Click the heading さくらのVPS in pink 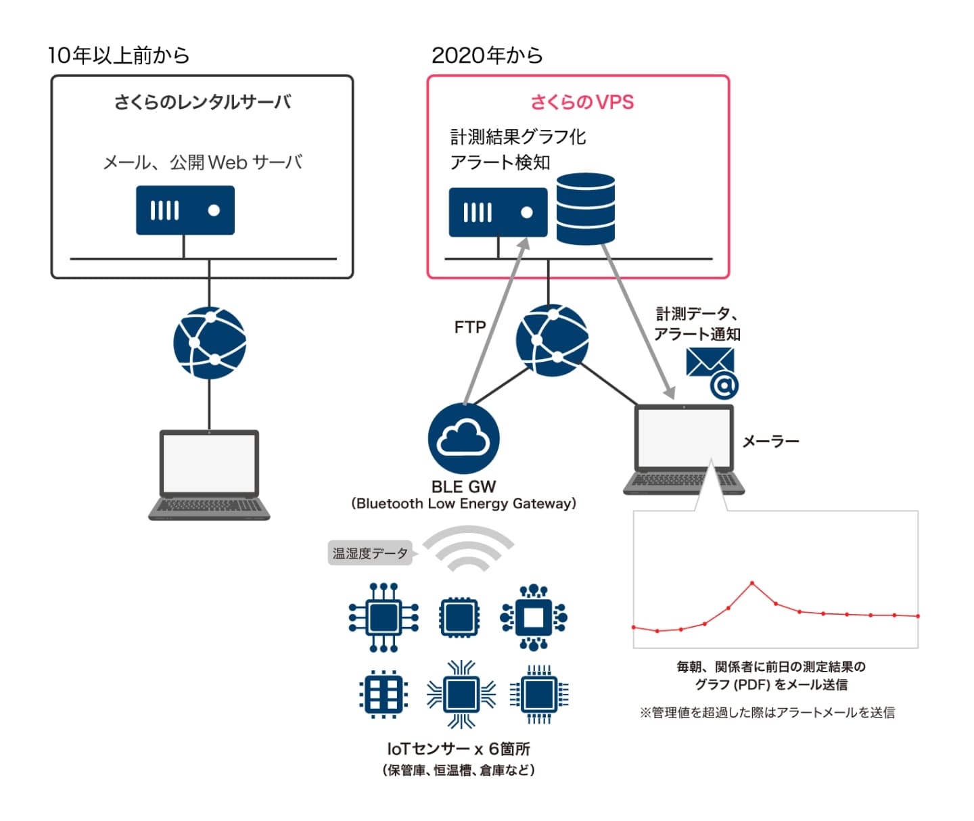pyautogui.click(x=582, y=102)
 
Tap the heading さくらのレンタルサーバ pyautogui.click(x=202, y=102)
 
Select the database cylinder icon pyautogui.click(x=585, y=208)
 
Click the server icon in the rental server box pyautogui.click(x=185, y=210)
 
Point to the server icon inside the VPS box pyautogui.click(x=498, y=212)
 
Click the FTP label pyautogui.click(x=470, y=327)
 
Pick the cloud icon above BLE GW pyautogui.click(x=463, y=438)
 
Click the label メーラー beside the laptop pyautogui.click(x=770, y=442)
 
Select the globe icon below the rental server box pyautogui.click(x=210, y=343)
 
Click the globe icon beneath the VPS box pyautogui.click(x=552, y=340)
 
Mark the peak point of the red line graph pyautogui.click(x=752, y=583)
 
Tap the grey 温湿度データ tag pyautogui.click(x=370, y=553)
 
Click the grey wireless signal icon pyautogui.click(x=469, y=548)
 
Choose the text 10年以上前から pyautogui.click(x=118, y=55)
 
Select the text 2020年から pyautogui.click(x=487, y=55)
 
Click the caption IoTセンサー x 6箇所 pyautogui.click(x=459, y=749)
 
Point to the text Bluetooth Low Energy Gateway pyautogui.click(x=463, y=503)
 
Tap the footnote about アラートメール pyautogui.click(x=767, y=712)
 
